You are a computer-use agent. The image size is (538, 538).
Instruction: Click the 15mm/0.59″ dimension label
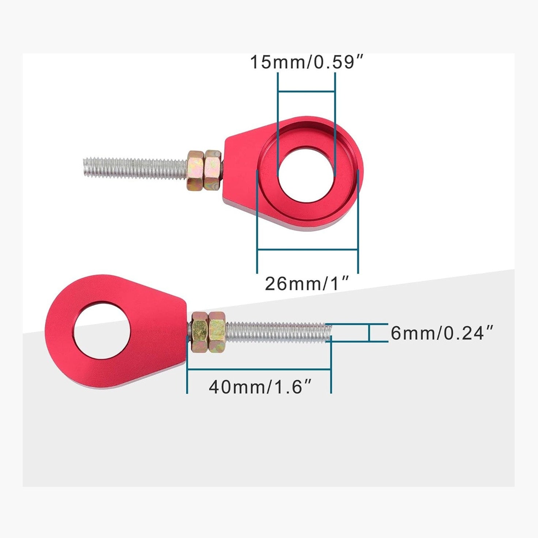click(306, 62)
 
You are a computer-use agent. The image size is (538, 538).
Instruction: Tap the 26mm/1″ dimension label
click(306, 283)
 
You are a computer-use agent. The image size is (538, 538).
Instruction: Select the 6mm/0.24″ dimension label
click(441, 333)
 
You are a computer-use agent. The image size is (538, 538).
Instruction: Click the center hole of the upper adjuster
click(306, 175)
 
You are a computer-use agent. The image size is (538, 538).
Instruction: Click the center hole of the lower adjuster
click(101, 330)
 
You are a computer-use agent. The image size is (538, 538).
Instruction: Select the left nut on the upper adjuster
click(196, 170)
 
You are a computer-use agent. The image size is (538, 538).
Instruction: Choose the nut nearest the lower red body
click(199, 332)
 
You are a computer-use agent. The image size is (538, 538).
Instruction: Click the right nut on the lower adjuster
click(217, 332)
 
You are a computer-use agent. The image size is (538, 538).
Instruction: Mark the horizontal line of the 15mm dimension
click(306, 91)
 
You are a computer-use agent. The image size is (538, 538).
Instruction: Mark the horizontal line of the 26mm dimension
click(307, 250)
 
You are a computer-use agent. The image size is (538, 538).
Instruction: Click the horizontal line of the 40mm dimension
click(259, 369)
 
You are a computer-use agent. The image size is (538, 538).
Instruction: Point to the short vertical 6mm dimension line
click(369, 333)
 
